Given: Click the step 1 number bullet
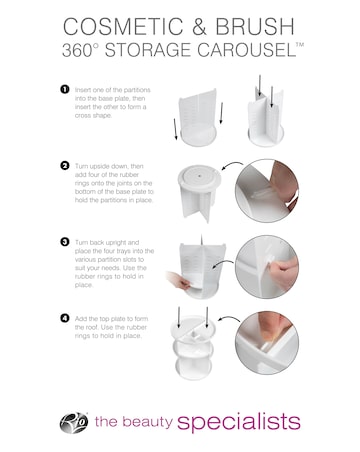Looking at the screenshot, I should click(x=65, y=89).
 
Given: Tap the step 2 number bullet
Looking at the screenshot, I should click(x=65, y=165).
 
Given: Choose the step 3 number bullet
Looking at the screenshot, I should click(x=65, y=241).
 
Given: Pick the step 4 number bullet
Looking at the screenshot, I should click(x=65, y=317).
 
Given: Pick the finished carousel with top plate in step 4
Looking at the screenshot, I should click(x=191, y=349).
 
